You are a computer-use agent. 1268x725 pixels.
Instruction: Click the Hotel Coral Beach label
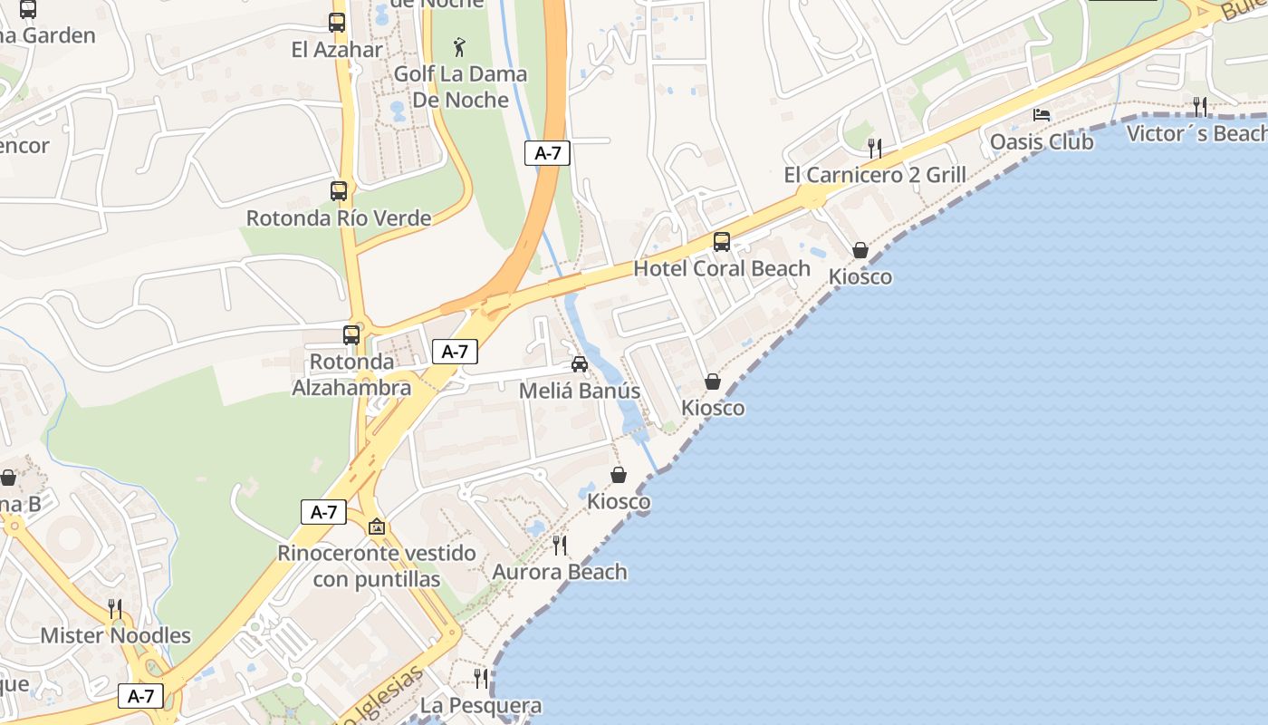(722, 268)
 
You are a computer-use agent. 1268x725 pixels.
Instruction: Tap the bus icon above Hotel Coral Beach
(722, 242)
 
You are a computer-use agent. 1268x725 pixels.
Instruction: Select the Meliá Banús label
(580, 391)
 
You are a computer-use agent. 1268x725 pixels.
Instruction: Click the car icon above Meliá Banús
(580, 364)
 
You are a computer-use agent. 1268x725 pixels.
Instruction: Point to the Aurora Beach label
(560, 572)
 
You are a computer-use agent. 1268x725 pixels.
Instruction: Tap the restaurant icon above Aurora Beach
(560, 546)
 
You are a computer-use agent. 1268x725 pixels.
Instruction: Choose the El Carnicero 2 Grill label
(875, 175)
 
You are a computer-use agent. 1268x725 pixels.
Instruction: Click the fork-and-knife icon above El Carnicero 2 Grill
(875, 148)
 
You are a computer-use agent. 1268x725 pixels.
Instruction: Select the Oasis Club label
(1042, 142)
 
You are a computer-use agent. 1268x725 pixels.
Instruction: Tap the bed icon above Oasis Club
(1042, 115)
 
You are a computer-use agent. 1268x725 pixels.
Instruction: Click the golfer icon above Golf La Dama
(460, 47)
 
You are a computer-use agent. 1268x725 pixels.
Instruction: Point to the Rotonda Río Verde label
(339, 218)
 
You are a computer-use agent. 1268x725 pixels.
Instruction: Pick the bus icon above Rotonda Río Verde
(339, 191)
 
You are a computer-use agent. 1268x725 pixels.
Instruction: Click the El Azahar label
(337, 50)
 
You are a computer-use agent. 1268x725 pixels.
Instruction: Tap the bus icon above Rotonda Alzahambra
(351, 335)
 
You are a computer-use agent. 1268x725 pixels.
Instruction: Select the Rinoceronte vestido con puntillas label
(377, 566)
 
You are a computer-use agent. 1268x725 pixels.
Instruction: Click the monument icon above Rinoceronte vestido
(377, 527)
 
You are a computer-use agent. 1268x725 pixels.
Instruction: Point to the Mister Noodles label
(115, 635)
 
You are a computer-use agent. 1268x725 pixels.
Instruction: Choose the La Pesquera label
(481, 705)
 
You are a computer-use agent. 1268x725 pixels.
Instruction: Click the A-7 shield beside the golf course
(547, 153)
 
